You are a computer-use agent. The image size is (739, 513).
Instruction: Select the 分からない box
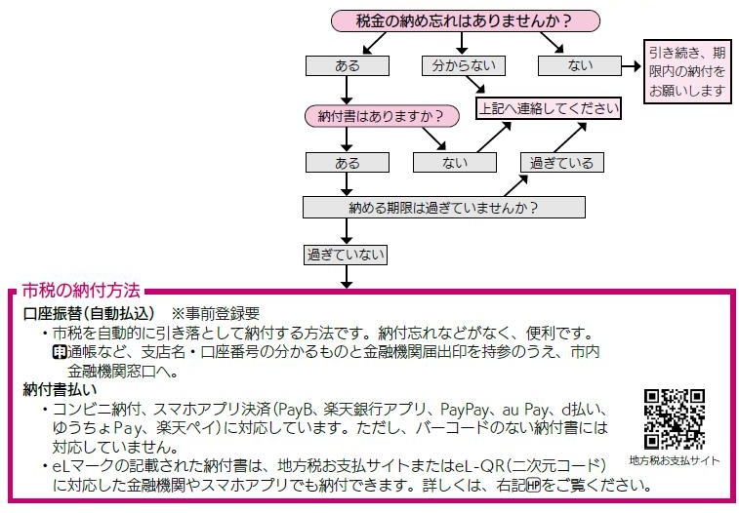(x=464, y=66)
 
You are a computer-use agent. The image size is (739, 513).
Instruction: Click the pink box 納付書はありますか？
(x=381, y=116)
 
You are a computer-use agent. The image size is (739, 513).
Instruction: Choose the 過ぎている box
(x=560, y=162)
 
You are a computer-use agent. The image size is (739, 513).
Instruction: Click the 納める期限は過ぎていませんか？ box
(x=443, y=208)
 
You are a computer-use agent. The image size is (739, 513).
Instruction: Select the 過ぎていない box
(x=347, y=255)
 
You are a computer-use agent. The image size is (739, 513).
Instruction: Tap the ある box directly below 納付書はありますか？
(x=347, y=162)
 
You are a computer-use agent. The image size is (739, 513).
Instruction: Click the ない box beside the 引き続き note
(x=579, y=66)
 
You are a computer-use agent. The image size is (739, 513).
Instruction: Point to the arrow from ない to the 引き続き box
(x=631, y=66)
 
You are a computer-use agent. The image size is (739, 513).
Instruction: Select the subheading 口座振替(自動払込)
(x=90, y=314)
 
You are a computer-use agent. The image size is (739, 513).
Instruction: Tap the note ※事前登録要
(x=215, y=314)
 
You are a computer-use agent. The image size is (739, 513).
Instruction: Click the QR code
(x=675, y=419)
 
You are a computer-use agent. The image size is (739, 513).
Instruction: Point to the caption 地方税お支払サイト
(x=675, y=459)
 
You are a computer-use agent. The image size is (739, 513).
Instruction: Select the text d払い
(x=590, y=409)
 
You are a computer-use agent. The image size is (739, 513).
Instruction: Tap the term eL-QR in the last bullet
(x=514, y=467)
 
